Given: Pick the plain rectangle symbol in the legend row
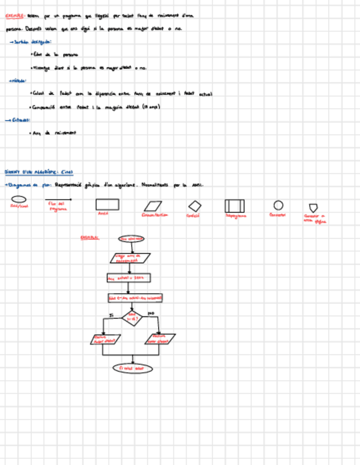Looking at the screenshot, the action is click(107, 205).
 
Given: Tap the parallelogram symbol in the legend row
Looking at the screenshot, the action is click(154, 206).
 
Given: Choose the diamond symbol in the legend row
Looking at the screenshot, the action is click(195, 206).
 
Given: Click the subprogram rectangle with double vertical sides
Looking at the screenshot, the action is click(234, 206).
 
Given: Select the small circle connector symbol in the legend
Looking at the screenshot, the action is click(278, 205).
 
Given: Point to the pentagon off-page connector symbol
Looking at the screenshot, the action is click(313, 207).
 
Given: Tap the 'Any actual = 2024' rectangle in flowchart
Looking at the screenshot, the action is click(129, 278).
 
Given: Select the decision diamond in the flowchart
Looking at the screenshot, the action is click(132, 317).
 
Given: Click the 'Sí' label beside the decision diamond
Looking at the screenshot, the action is click(111, 315).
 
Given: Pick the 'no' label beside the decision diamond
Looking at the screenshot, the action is click(151, 314).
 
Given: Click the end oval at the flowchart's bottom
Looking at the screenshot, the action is click(132, 368).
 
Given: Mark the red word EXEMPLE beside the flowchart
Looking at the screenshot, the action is click(89, 237).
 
